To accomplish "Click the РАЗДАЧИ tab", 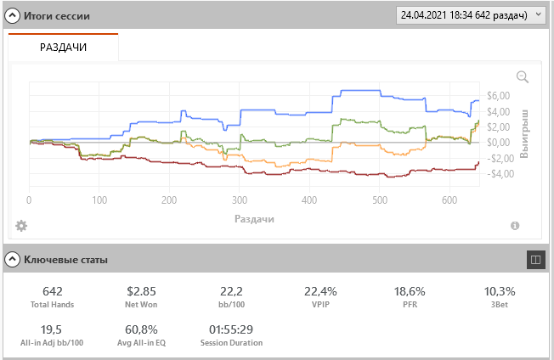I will point(64,48).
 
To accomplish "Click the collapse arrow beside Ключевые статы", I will point(13,259).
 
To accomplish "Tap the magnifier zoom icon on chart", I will point(523,77).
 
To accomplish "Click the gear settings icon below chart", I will point(21,226).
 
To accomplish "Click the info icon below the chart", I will point(515,226).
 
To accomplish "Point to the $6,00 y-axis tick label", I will point(497,95).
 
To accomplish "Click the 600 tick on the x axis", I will point(449,200).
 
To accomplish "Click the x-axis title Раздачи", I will point(254,218).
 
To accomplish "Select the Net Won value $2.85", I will point(141,291).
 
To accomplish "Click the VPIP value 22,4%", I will point(320,291).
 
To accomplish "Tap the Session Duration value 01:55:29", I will point(230,329).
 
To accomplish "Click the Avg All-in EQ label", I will point(141,343).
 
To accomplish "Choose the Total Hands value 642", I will point(51,291).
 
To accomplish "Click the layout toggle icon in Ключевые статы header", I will point(535,259).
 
